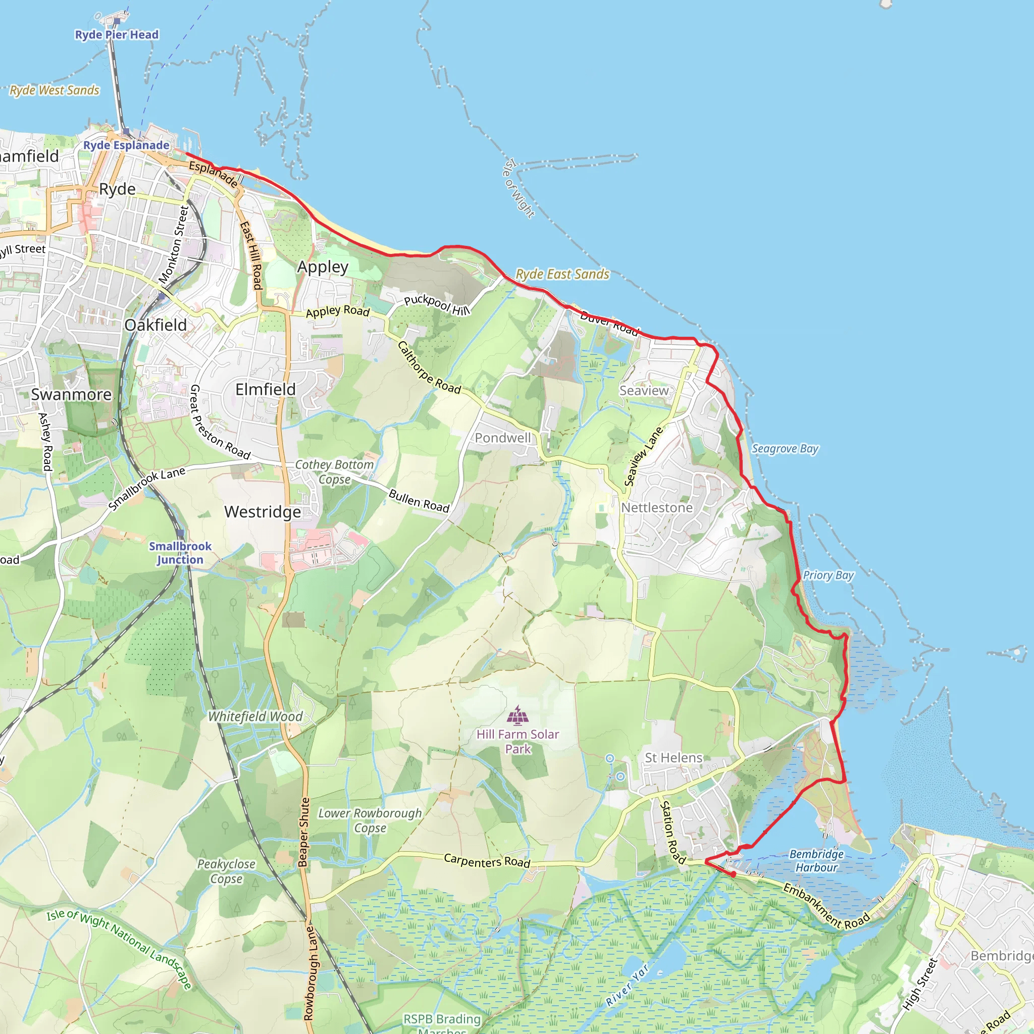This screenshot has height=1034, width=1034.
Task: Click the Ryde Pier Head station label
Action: (117, 35)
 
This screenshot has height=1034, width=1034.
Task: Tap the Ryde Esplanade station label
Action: (126, 145)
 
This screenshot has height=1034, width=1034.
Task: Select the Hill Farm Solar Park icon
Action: (518, 714)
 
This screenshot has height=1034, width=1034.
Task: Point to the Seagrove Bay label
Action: (785, 448)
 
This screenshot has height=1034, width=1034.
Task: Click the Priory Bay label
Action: (828, 576)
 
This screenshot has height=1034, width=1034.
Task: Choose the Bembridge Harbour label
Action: (816, 861)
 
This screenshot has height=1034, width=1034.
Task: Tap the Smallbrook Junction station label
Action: (180, 553)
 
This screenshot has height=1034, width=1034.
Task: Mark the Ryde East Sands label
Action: (562, 274)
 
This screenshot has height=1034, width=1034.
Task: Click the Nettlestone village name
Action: (657, 507)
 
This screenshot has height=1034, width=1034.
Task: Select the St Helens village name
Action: (674, 758)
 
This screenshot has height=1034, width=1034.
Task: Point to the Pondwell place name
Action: (502, 438)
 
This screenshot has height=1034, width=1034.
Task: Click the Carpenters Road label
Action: (487, 861)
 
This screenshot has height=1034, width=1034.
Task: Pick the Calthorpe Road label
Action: (429, 368)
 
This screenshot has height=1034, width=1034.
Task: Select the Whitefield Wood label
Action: (255, 716)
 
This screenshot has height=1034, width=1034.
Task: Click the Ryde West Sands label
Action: (55, 90)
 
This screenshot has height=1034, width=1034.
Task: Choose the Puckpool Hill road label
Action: (437, 304)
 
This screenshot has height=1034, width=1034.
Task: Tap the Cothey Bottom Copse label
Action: (335, 472)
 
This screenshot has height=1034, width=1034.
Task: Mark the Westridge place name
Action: (262, 511)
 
